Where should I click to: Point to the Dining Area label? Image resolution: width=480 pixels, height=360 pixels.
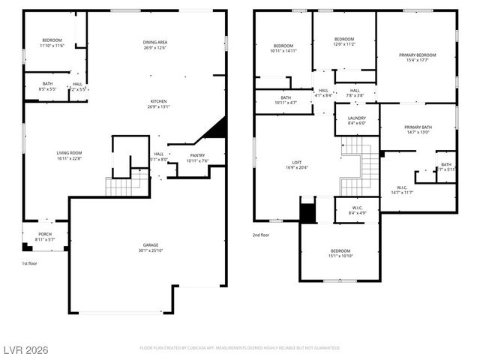tap(155, 41)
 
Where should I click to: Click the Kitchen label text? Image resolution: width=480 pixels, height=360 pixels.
tap(158, 100)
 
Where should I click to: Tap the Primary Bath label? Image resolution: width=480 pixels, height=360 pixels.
tap(418, 127)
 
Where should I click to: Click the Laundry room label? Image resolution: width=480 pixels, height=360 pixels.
tap(356, 118)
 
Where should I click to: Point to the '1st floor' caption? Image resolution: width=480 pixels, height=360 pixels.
tap(30, 263)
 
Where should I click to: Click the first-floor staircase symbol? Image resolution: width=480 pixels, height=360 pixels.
tap(118, 186)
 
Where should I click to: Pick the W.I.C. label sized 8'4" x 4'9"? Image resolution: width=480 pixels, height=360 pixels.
tap(358, 209)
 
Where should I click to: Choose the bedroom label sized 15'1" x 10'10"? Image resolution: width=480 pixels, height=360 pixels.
tap(340, 253)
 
